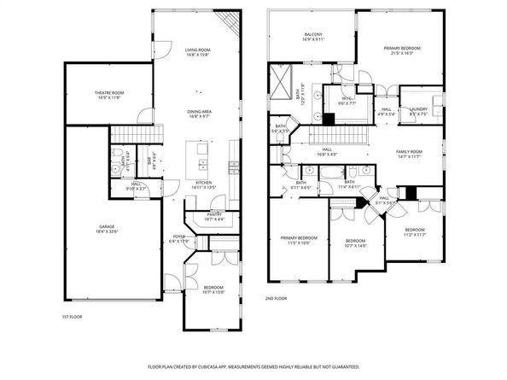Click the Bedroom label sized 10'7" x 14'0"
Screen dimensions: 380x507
click(x=354, y=243)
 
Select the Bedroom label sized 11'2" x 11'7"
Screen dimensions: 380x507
click(x=414, y=232)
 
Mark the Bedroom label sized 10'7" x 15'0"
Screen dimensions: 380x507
click(x=213, y=290)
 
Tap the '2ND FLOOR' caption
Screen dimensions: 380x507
click(x=276, y=298)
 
